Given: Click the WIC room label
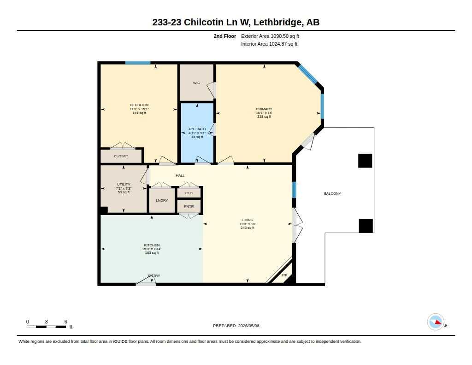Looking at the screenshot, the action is click(x=196, y=83).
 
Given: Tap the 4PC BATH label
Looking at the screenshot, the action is click(x=197, y=129).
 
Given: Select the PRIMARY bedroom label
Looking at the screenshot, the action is click(x=264, y=109).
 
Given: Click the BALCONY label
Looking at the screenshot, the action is click(x=332, y=193).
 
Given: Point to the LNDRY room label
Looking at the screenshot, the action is click(x=162, y=200).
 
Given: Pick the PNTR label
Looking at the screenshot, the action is click(x=189, y=206).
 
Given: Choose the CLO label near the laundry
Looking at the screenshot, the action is click(x=189, y=193).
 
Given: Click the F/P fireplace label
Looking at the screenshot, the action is click(x=284, y=275).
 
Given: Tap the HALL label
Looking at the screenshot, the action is click(x=180, y=175).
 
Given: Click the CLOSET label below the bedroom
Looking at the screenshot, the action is click(x=121, y=156).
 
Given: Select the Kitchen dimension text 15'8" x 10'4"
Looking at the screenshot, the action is click(x=152, y=249).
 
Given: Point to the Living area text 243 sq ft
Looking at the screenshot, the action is click(x=248, y=228).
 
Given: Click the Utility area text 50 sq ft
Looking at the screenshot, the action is click(x=124, y=192).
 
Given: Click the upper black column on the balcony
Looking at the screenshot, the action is click(x=365, y=161).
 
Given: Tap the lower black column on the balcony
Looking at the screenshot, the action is click(x=366, y=226).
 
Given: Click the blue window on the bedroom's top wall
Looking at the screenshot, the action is click(x=138, y=63).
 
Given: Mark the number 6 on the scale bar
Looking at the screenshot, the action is click(x=65, y=322).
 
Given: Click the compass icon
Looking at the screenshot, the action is click(x=436, y=322).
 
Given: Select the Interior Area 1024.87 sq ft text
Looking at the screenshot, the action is click(x=269, y=44).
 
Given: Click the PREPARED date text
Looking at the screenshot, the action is click(x=236, y=326).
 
